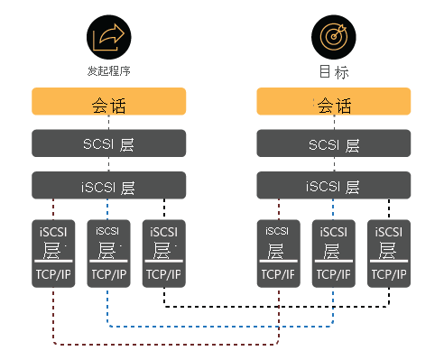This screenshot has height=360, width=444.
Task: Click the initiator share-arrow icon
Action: click(108, 37)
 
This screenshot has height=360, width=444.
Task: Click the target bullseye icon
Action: click(332, 37)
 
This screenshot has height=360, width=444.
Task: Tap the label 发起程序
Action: click(108, 70)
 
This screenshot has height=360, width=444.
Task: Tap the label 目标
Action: click(333, 71)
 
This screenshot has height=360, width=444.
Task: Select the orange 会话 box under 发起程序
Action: click(108, 102)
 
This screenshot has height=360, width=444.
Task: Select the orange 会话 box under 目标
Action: click(333, 102)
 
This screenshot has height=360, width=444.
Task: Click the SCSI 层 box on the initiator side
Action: click(108, 144)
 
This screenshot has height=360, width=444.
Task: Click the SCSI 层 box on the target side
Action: click(333, 144)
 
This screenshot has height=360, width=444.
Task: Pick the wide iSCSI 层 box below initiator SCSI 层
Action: click(108, 186)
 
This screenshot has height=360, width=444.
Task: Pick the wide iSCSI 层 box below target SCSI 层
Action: click(333, 186)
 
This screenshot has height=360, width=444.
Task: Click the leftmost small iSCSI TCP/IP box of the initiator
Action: click(52, 253)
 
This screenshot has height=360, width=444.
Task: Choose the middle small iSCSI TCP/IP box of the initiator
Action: click(108, 253)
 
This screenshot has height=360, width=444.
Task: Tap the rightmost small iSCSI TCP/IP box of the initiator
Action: click(164, 253)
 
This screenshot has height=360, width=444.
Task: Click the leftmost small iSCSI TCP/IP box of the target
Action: click(277, 253)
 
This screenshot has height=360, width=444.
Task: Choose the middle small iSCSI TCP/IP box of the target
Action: click(333, 253)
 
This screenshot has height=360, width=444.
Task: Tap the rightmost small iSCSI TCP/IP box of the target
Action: click(389, 253)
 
